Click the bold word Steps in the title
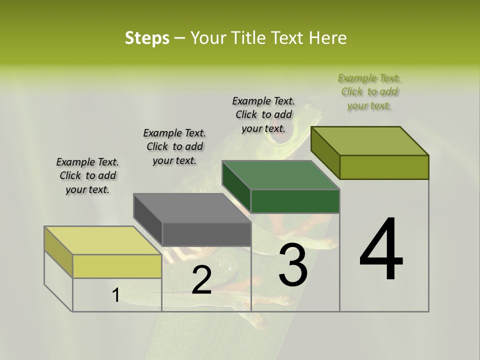[x=147, y=38]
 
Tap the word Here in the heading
[x=328, y=38]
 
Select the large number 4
[x=381, y=250]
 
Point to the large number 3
[x=293, y=264]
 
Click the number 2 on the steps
[x=201, y=280]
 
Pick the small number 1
[x=115, y=296]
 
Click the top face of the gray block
[x=192, y=207]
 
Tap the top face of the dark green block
[x=280, y=175]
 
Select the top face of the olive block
[x=370, y=141]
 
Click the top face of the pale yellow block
[x=103, y=240]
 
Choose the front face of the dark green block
[x=295, y=201]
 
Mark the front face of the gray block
[x=206, y=234]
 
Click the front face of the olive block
[x=384, y=167]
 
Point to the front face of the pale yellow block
[x=117, y=266]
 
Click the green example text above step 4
[x=369, y=92]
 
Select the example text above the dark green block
[x=263, y=114]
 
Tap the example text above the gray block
[x=174, y=146]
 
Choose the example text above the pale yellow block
[x=87, y=175]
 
